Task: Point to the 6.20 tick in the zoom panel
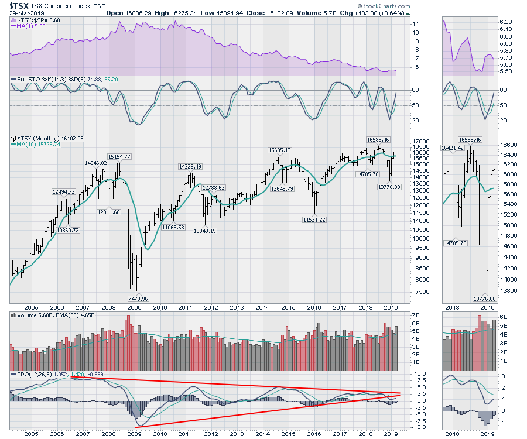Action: (x=504, y=22)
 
